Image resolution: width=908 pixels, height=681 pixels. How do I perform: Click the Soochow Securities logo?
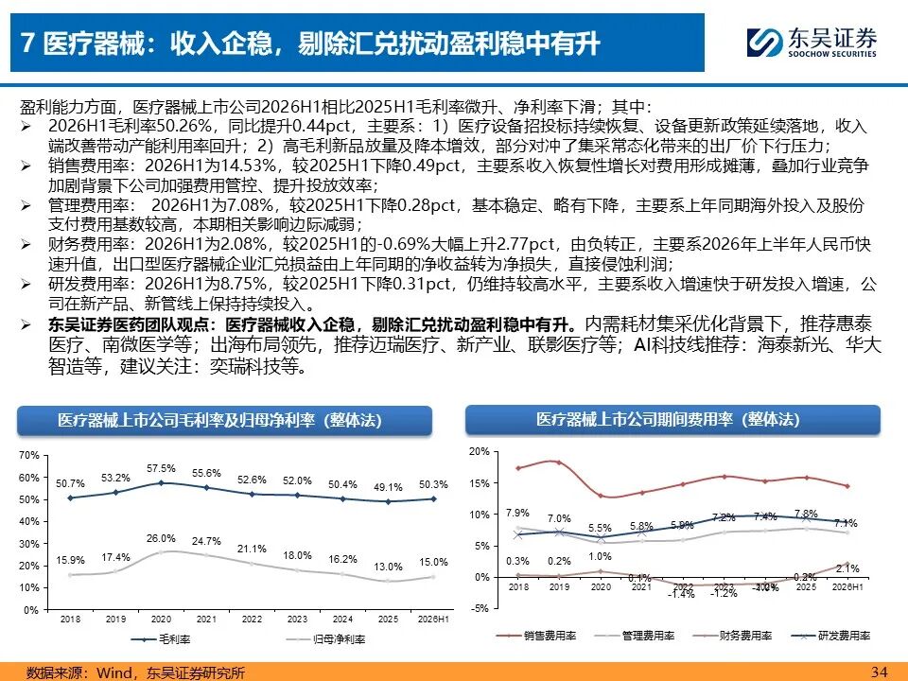812,43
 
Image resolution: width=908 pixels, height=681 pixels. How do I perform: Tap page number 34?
879,672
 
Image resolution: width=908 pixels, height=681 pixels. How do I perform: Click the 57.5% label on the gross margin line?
161,468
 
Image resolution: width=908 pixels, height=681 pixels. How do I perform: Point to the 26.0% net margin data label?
161,538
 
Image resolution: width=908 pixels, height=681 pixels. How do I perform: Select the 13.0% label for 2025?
388,567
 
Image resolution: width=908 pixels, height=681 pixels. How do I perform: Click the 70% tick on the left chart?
29,455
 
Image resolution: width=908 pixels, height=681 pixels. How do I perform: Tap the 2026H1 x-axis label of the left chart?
433,619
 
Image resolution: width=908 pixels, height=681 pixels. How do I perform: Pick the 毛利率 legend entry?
161,639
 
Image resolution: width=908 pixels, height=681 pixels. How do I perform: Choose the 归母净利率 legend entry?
326,639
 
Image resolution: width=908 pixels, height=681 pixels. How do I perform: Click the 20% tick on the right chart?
479,452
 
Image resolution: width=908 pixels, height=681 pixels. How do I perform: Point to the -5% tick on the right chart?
480,608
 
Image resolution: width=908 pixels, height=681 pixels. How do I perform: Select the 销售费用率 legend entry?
537,636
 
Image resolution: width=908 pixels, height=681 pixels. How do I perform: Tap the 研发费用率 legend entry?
831,636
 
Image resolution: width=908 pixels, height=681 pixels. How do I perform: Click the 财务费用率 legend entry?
732,636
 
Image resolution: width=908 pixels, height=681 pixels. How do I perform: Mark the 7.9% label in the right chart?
517,513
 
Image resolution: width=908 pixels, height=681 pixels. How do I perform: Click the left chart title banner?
225,420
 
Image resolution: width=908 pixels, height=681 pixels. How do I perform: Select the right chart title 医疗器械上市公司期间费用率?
635,419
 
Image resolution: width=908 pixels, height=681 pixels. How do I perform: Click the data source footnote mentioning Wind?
135,672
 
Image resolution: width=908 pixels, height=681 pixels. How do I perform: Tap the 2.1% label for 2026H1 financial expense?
847,568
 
